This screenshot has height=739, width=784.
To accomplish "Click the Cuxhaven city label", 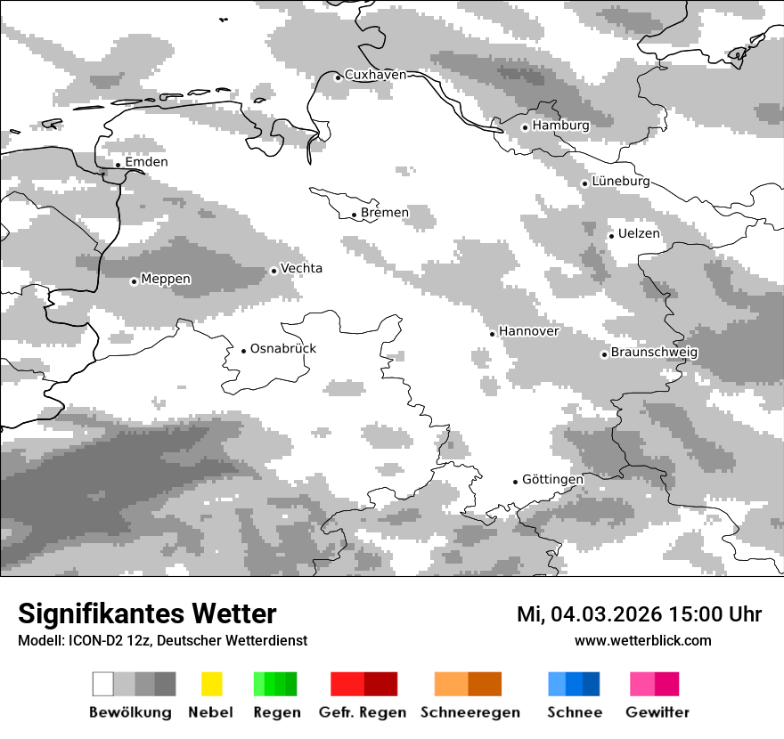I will [375, 75].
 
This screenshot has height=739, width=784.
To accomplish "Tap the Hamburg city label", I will [560, 126].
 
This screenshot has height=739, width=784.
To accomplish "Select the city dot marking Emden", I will [118, 165].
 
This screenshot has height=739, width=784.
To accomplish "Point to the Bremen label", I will [385, 213].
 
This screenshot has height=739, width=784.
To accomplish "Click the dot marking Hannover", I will [492, 334].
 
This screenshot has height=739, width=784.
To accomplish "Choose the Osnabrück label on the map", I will [283, 349].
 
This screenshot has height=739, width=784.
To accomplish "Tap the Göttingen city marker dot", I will [515, 482].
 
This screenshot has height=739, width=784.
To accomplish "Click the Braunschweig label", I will [654, 353].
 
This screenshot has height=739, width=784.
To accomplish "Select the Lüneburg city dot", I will [584, 183].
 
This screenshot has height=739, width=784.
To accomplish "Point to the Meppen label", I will [166, 280].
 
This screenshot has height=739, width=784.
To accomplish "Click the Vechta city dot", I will [274, 271].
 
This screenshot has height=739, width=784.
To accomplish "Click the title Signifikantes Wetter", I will [147, 614].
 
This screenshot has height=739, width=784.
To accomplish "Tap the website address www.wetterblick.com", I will [642, 640].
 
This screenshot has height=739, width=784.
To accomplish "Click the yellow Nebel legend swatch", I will [211, 684].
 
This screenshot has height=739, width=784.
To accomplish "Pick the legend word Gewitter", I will [657, 712].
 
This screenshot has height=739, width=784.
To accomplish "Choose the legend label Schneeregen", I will [470, 712].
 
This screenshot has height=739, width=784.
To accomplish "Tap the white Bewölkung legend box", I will [103, 684].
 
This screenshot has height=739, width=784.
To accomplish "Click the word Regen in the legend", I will [276, 712].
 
